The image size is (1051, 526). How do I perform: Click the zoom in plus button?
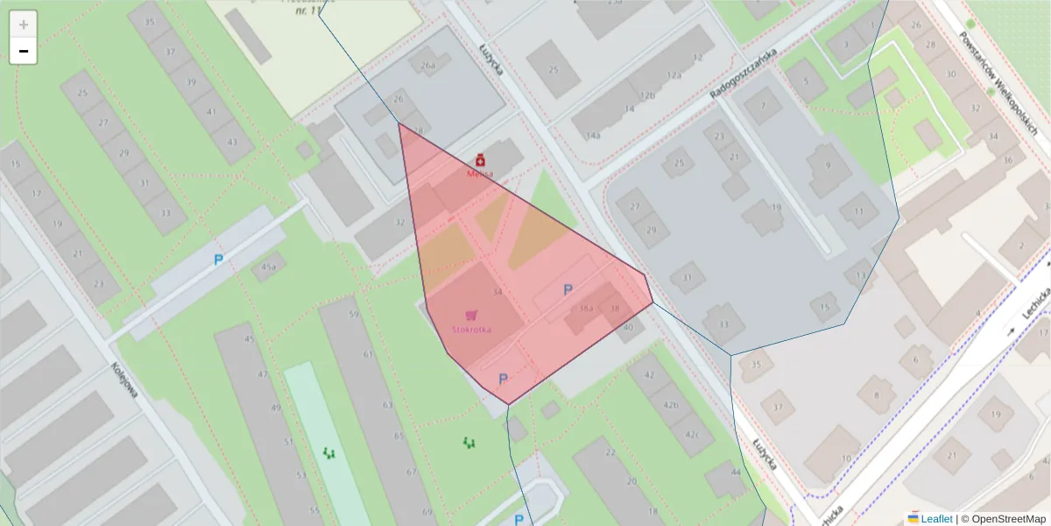24,25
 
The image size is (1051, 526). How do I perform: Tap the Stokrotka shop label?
471,330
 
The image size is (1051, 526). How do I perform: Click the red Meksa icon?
480,160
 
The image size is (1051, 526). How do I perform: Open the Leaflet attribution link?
936,518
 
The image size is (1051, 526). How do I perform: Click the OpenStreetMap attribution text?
1003,518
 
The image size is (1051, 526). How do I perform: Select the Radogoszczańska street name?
744,74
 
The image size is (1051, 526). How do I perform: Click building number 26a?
427,65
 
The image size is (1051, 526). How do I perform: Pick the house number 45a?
268,267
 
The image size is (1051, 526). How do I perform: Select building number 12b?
647,95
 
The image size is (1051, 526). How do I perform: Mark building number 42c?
693,434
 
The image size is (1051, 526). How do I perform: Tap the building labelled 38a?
587,309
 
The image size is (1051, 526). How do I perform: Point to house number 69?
427,511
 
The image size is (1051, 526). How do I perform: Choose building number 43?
232,141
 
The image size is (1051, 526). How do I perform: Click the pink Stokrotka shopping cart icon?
471,315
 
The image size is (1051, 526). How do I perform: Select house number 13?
860,275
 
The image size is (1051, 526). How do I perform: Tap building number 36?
1007,160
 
